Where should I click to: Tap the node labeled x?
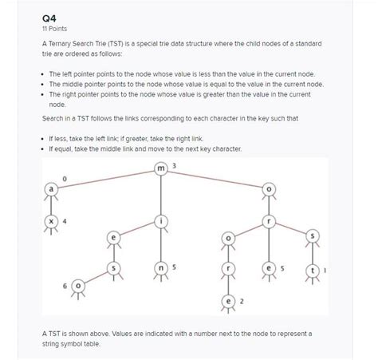[x=52, y=221]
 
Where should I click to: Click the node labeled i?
[x=163, y=221]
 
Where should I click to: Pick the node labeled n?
[x=163, y=269]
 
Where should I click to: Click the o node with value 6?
[x=78, y=284]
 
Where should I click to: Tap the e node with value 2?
[x=230, y=300]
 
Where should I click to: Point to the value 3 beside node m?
[x=175, y=165]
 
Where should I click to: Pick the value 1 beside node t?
[x=325, y=270]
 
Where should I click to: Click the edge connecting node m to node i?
[x=163, y=194]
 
